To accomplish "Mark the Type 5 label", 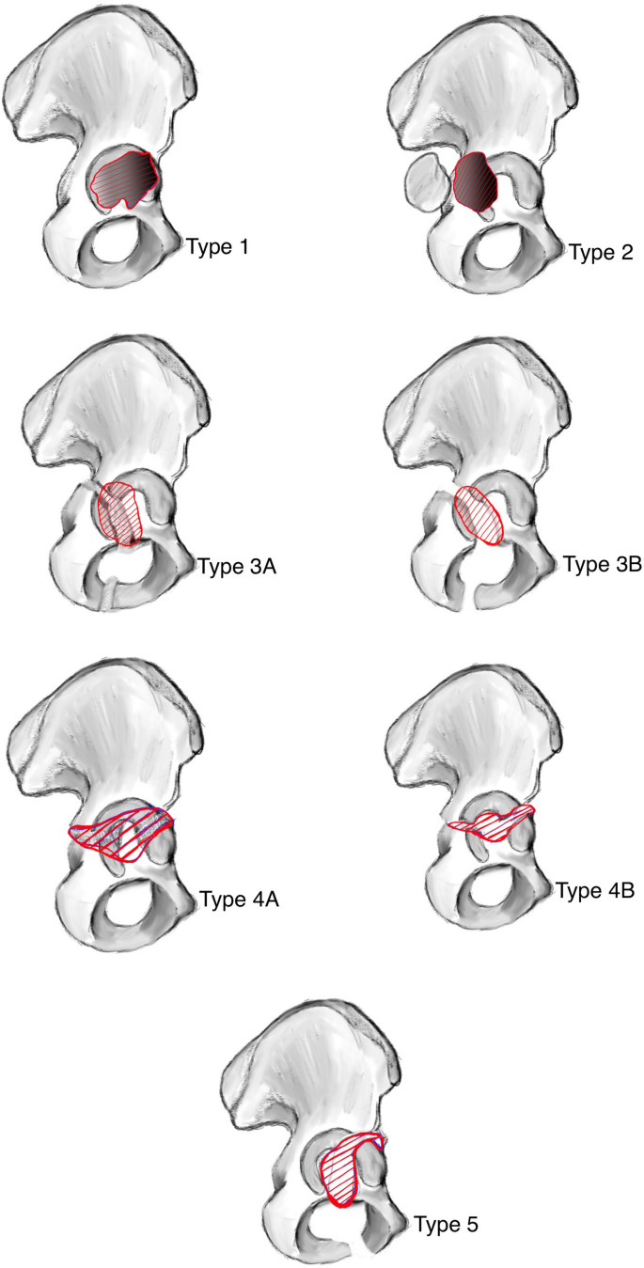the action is click(x=449, y=1224).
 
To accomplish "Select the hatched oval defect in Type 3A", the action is click(x=120, y=513).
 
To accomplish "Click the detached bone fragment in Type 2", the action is click(x=425, y=181).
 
